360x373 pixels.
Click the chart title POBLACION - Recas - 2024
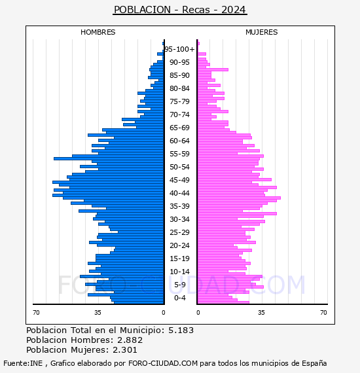(180, 10)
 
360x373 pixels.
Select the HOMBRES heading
(98, 32)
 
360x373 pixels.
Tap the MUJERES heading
(262, 32)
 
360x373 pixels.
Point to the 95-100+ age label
(179, 49)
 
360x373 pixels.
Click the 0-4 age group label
(179, 298)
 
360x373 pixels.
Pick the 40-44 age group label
(179, 193)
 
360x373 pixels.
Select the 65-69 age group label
(179, 128)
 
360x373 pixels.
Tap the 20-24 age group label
(179, 245)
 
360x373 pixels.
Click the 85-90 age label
(179, 75)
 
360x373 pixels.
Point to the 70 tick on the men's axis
(36, 312)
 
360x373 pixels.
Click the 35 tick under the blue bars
(98, 312)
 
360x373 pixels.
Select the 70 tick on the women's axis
(323, 312)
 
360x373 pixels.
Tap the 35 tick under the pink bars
(262, 312)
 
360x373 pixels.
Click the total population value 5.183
(181, 330)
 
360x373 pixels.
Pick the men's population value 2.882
(130, 340)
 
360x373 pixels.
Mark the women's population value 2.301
(125, 350)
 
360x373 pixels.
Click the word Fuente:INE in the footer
(23, 363)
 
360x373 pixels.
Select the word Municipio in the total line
(142, 330)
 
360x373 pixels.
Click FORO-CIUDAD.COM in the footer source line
(163, 363)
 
